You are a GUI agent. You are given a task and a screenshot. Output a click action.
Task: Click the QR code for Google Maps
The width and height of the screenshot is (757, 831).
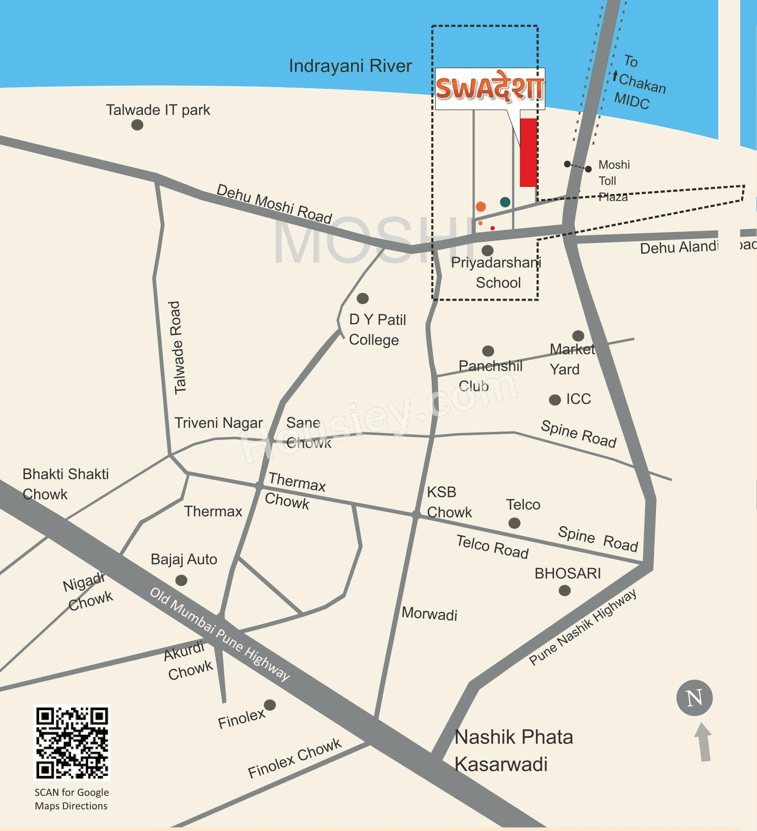[72, 743]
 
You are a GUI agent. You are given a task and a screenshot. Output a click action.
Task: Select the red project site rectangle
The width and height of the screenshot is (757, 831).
[528, 152]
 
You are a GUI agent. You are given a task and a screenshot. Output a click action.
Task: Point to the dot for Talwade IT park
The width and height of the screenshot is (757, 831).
[137, 124]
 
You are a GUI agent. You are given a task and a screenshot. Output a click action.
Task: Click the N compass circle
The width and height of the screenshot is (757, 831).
[694, 698]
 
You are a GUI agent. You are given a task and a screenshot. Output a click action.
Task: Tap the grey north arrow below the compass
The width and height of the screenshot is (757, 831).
[703, 742]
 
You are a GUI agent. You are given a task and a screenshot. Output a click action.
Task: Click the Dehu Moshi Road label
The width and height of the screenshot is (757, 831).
[274, 204]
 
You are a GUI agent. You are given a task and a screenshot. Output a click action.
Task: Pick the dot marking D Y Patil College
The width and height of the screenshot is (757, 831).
[362, 299]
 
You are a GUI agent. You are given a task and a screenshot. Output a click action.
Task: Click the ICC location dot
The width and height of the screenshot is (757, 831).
[555, 400]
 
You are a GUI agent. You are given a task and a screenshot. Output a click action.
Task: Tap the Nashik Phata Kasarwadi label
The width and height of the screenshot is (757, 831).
[513, 750]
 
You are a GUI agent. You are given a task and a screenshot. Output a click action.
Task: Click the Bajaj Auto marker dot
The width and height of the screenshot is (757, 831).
[181, 580]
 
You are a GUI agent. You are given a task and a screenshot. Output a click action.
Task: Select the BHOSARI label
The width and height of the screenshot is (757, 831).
[567, 573]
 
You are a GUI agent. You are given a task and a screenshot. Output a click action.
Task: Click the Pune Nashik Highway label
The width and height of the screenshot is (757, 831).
[582, 627]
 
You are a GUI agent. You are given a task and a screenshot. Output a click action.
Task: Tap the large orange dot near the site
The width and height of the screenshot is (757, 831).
[481, 207]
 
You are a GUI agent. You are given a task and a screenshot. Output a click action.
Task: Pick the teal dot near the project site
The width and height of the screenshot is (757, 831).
[505, 202]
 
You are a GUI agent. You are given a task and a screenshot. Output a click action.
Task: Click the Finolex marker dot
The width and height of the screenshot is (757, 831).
[270, 705]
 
